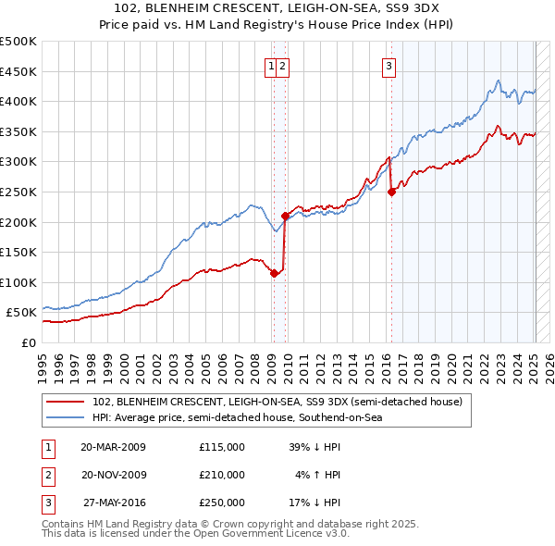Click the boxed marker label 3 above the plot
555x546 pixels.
point(388,66)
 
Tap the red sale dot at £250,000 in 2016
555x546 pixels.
point(391,192)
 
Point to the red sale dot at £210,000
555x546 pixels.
point(285,216)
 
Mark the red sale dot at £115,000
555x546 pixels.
point(274,273)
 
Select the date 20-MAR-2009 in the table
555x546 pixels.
point(113,447)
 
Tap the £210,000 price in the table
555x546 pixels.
point(222,475)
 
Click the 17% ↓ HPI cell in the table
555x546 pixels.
point(318,503)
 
